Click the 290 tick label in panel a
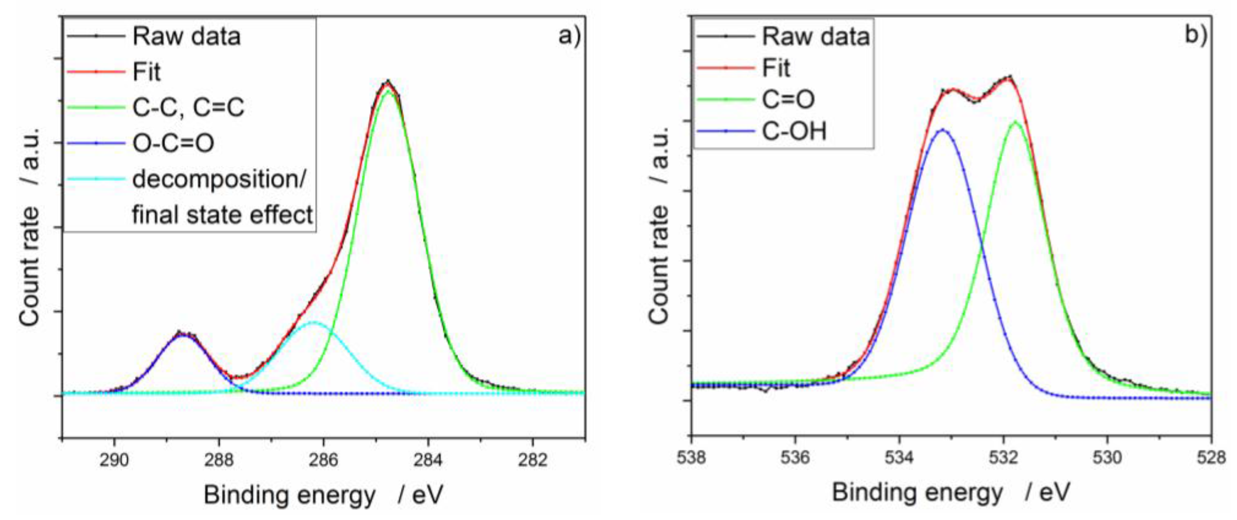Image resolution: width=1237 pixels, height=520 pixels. [x=114, y=460]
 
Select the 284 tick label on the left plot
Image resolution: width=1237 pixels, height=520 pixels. [x=428, y=460]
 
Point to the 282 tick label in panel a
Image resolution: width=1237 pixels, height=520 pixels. [x=533, y=460]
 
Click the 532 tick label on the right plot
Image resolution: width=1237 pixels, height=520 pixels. [x=1004, y=458]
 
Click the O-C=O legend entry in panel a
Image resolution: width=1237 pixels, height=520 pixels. [x=173, y=143]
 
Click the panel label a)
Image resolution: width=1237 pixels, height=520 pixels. [x=569, y=36]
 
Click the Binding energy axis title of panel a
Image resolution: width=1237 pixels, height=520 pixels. [x=323, y=495]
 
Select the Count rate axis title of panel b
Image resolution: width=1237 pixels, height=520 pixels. [x=659, y=226]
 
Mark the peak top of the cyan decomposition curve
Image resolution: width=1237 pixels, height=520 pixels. [x=314, y=322]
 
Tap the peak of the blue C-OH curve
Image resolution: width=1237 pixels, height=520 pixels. [x=943, y=130]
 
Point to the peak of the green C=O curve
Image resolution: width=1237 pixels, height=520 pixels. [x=1015, y=122]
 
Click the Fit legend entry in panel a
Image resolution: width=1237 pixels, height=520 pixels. [x=146, y=72]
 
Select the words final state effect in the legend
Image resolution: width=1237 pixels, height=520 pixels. [x=222, y=215]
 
